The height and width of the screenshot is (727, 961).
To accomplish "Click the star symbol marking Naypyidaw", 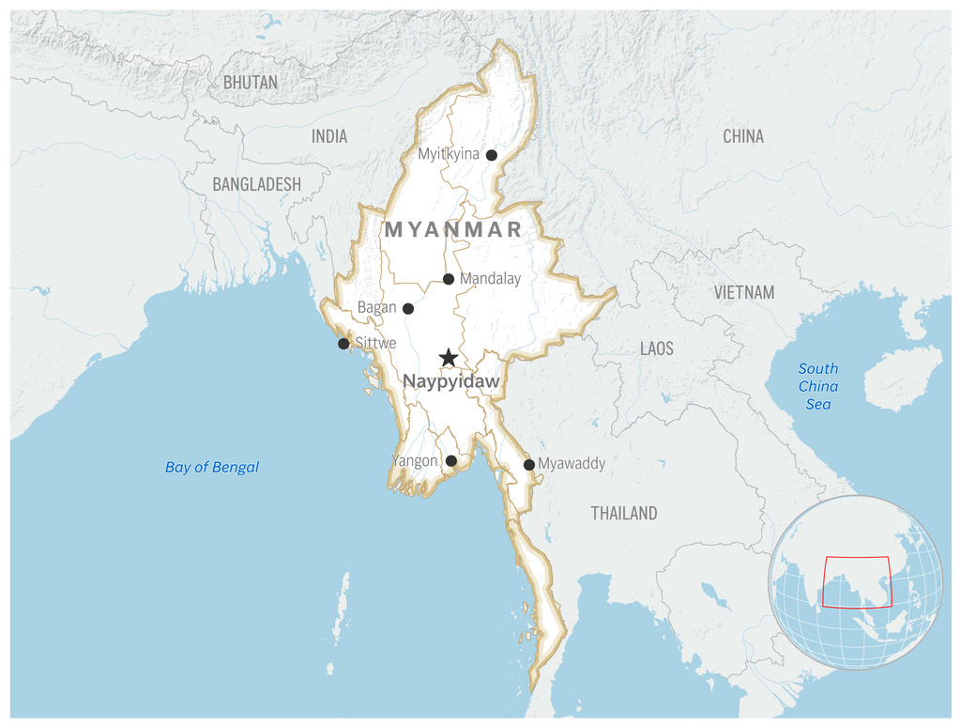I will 449,358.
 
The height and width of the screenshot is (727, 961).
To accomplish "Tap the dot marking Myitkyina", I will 491,155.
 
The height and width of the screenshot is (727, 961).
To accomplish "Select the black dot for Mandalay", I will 449,279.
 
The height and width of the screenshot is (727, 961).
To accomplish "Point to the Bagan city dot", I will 408,308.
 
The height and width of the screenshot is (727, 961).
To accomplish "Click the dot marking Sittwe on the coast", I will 343,344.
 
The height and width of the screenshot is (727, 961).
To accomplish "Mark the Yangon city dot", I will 451,461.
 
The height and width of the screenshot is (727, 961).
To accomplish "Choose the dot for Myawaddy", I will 529,465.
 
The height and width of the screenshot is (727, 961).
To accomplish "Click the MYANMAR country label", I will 453,230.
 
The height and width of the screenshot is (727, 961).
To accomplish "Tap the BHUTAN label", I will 251,83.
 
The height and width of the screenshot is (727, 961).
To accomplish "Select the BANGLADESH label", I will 256,184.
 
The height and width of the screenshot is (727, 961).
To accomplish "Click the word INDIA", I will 329,137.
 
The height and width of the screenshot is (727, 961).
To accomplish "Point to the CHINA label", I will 743,137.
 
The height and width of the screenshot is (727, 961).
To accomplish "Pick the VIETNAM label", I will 744,292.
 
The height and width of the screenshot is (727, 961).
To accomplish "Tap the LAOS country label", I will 657,348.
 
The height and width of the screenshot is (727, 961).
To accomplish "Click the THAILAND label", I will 624,513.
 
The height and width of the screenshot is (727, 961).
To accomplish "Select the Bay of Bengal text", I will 212,467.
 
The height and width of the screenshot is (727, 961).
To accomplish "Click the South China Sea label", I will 818,386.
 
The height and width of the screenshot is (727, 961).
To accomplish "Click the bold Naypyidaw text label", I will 450,382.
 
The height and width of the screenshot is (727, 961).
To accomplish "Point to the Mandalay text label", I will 490,279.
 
